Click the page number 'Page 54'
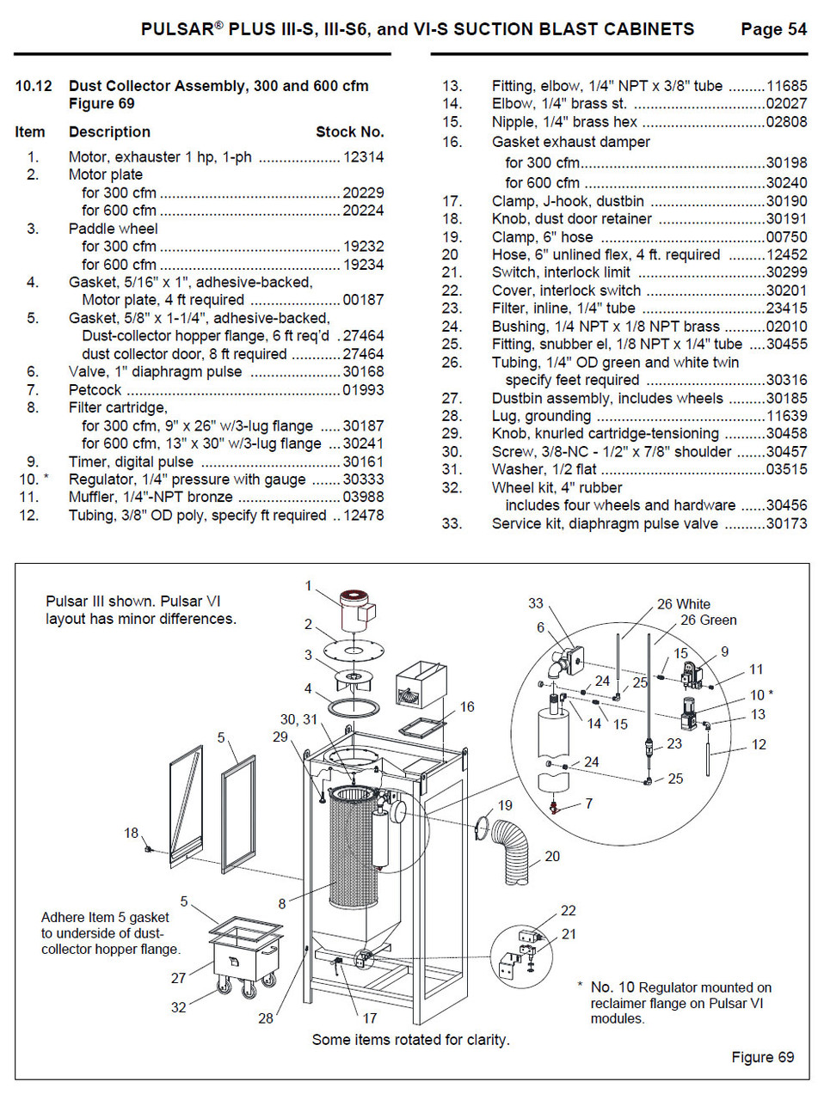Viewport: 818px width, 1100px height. tap(773, 30)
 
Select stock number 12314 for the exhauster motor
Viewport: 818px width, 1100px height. tap(363, 157)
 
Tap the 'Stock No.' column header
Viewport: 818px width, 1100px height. tap(349, 132)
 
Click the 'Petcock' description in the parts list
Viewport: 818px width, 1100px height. tap(95, 390)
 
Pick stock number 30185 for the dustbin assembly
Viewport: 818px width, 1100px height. tap(786, 398)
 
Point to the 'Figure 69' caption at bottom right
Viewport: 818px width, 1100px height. tap(762, 1056)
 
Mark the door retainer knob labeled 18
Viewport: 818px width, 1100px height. tap(150, 849)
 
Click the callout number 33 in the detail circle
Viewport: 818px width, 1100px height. tap(537, 604)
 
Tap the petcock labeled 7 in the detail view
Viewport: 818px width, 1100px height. tap(554, 808)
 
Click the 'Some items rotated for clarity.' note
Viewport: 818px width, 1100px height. tap(409, 1040)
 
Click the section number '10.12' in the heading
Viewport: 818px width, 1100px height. tap(34, 86)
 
